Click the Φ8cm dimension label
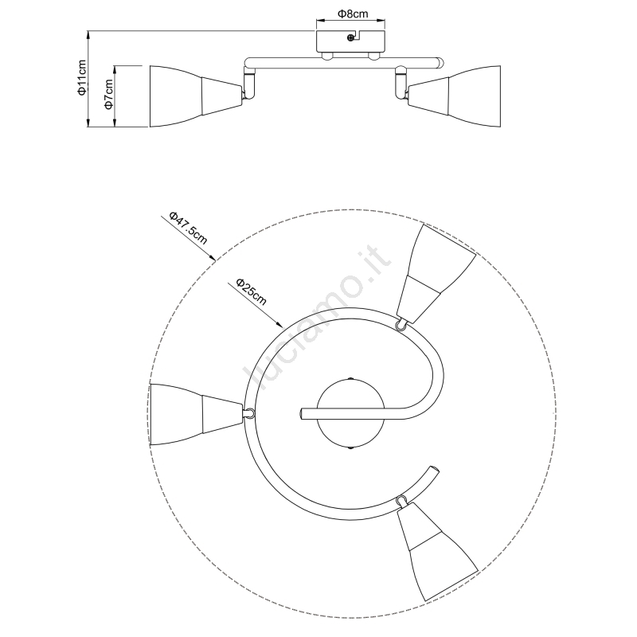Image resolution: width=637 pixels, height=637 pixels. tap(352, 14)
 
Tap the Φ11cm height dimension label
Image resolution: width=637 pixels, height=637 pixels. tap(82, 77)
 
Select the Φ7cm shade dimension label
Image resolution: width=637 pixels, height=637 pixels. tap(108, 94)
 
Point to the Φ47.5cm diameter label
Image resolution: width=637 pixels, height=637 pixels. tap(188, 228)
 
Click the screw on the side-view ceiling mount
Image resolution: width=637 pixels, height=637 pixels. tap(350, 37)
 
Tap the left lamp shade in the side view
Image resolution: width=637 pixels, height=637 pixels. tap(196, 96)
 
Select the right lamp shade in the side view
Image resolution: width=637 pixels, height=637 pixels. tap(454, 96)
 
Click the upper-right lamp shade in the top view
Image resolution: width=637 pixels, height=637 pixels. tap(436, 273)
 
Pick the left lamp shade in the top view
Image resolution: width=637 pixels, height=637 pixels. tap(196, 413)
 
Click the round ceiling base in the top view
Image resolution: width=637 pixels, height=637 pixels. tap(350, 413)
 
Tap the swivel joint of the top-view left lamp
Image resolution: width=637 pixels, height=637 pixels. tap(249, 413)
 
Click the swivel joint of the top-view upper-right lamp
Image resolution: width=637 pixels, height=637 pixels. tap(401, 324)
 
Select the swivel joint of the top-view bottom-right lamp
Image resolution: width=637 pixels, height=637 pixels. tap(402, 500)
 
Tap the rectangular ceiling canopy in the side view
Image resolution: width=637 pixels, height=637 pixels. tap(350, 41)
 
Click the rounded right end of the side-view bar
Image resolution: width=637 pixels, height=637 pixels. tap(440, 63)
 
